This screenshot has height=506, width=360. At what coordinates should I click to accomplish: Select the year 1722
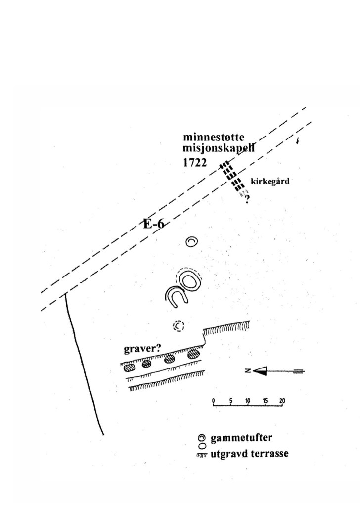tap(195, 163)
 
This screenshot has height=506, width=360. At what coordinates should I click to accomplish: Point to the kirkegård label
tap(270, 181)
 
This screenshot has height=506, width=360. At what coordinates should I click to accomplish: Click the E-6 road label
tap(153, 224)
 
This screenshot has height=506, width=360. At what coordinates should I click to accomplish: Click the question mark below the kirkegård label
tap(246, 200)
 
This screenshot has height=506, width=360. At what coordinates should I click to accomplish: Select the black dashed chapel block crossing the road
tap(231, 177)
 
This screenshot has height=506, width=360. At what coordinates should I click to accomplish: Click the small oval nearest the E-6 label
tap(192, 242)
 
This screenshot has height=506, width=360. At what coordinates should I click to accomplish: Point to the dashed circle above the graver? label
tap(179, 326)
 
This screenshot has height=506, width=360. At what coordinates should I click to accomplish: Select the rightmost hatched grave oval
tap(193, 355)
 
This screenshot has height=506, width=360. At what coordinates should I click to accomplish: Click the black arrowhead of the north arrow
tap(259, 371)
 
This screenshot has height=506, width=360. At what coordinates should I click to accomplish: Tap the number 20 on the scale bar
tap(282, 400)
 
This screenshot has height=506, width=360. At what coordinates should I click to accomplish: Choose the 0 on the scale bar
tap(213, 400)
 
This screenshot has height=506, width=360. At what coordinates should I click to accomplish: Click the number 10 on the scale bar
tap(248, 400)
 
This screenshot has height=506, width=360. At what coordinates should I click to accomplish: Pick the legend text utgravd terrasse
tap(249, 454)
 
